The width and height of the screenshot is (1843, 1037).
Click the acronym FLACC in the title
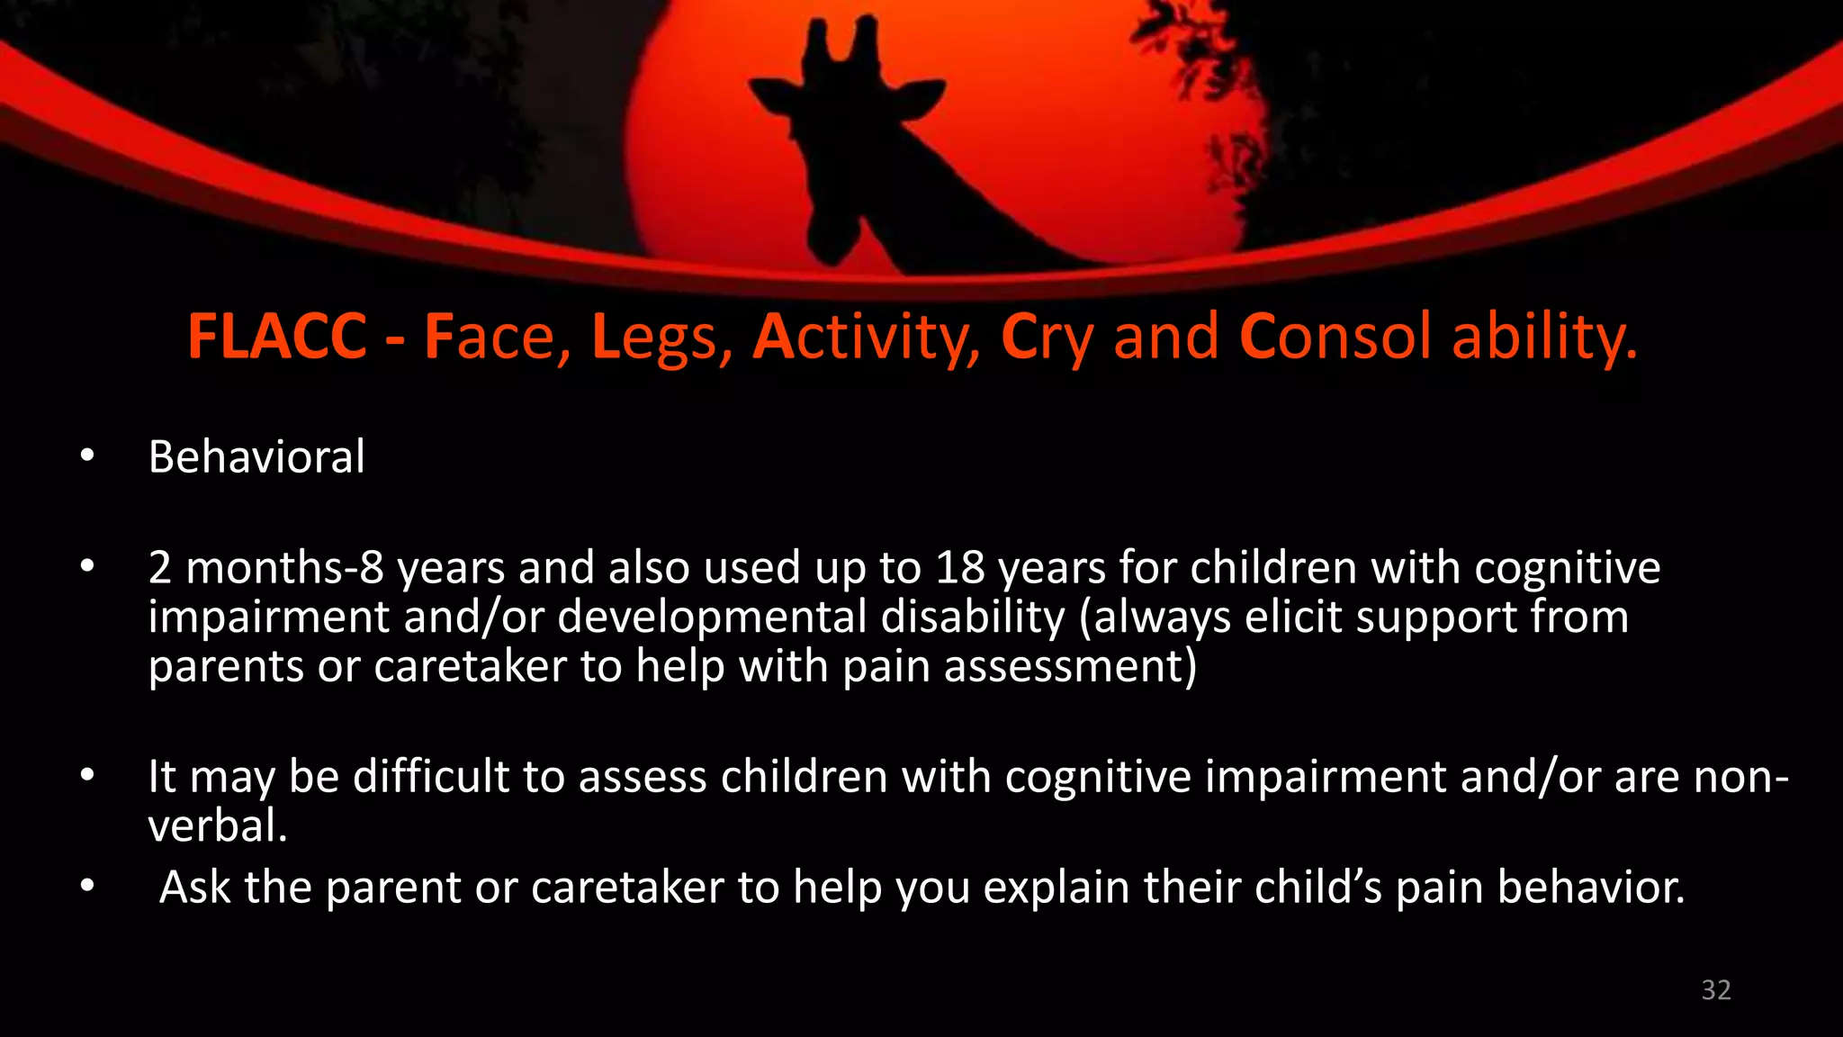pyautogui.click(x=277, y=338)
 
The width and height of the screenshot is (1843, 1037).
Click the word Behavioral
pyautogui.click(x=256, y=457)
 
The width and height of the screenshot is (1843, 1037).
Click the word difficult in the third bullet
pyautogui.click(x=430, y=777)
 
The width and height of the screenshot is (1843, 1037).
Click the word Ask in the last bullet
pyautogui.click(x=194, y=888)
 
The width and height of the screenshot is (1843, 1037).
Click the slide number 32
pyautogui.click(x=1715, y=990)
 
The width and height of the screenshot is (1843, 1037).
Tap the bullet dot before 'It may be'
pyautogui.click(x=86, y=775)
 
